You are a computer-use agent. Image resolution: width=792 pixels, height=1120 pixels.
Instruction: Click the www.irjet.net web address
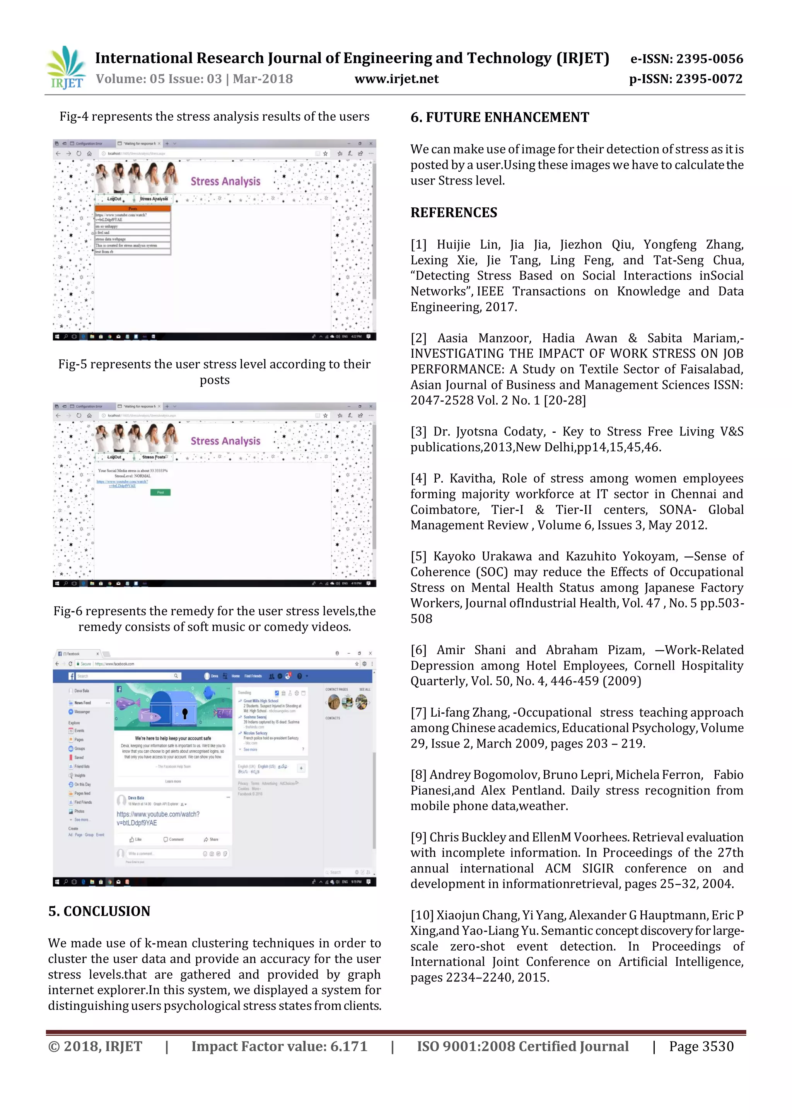coord(396,79)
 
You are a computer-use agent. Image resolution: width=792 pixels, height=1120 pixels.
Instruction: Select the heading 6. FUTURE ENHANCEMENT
coord(500,118)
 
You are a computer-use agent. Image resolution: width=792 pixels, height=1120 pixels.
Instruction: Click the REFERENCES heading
coord(454,213)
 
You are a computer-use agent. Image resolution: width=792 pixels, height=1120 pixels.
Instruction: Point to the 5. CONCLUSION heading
coord(99,911)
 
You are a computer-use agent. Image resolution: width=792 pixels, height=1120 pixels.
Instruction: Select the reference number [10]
coord(422,915)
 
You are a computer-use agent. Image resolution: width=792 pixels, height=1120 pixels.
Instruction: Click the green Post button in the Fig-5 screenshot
coord(160,492)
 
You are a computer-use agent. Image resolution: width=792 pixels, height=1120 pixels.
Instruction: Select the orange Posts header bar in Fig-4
coord(133,209)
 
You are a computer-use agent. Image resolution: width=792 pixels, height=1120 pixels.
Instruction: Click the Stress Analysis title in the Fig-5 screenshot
coord(225,441)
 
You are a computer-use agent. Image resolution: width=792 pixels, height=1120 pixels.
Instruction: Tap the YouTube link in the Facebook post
coord(158,819)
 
